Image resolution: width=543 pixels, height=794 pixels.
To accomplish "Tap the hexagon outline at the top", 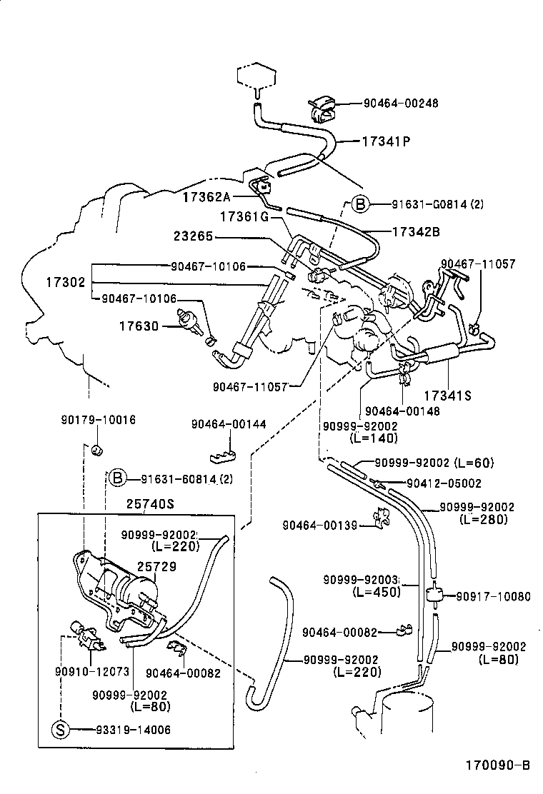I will [256, 75].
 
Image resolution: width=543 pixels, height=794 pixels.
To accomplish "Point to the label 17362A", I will [206, 196].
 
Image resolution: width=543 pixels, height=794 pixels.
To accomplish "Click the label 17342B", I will [416, 231].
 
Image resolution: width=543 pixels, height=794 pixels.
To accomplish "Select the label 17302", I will [66, 282].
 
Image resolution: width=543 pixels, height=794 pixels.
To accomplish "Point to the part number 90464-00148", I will [402, 411].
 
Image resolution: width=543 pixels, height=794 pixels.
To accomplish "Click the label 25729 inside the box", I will [156, 566].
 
